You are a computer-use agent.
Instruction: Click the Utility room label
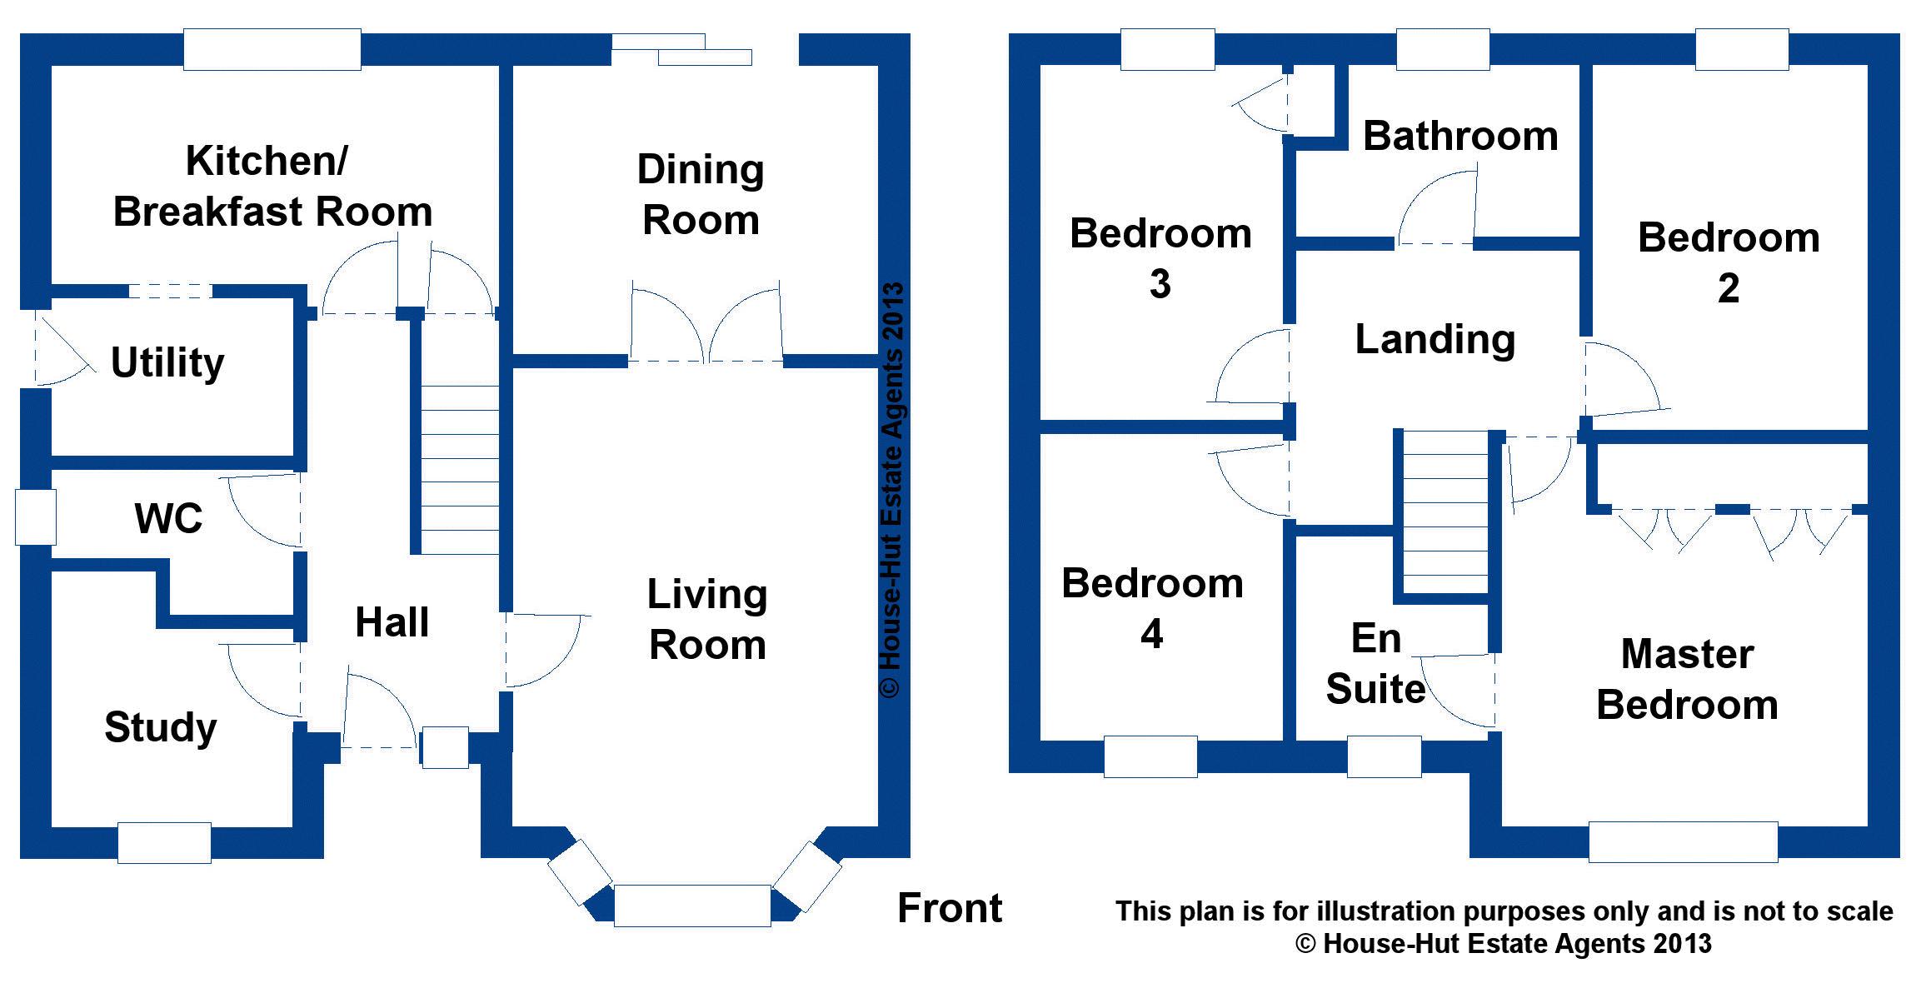tap(167, 362)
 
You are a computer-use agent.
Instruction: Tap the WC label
tap(168, 518)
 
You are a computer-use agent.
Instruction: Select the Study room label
tap(160, 726)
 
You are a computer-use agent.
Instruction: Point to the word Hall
tap(392, 621)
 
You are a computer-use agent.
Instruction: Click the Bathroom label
tap(1460, 136)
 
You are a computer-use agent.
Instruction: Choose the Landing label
tap(1434, 339)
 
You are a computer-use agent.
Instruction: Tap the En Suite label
tap(1375, 664)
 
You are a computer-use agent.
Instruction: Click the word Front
tap(950, 908)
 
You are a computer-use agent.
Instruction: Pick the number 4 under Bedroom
tap(1151, 635)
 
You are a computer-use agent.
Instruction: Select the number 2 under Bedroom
tap(1729, 289)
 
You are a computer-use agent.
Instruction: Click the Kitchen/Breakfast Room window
tap(272, 50)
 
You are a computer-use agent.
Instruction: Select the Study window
tap(164, 842)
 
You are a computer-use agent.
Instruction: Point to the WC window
tap(36, 517)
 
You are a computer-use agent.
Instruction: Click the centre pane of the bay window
tap(691, 906)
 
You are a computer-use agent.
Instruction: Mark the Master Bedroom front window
tap(1683, 841)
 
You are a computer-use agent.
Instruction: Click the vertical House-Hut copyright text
tap(891, 490)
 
